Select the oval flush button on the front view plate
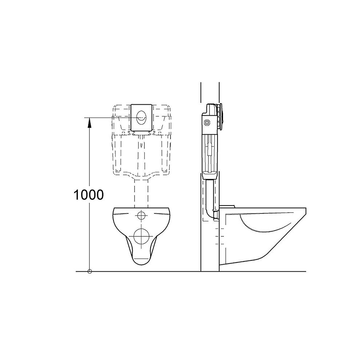pyautogui.click(x=141, y=117)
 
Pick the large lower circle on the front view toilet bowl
pyautogui.click(x=141, y=236)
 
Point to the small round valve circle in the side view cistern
pyautogui.click(x=207, y=123)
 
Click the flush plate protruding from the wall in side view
pyautogui.click(x=221, y=117)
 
